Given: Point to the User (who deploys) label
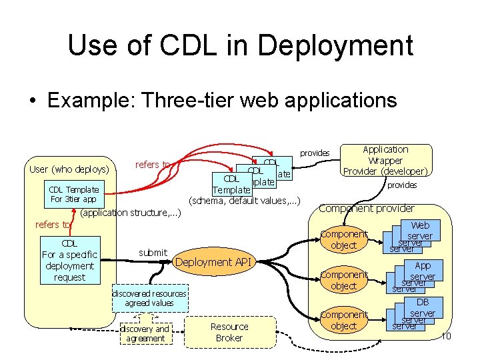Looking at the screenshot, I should pyautogui.click(x=69, y=169).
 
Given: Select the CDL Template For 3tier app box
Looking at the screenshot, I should pyautogui.click(x=73, y=194).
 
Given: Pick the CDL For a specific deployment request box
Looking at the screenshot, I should pyautogui.click(x=69, y=260).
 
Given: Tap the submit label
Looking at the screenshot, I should pyautogui.click(x=153, y=252).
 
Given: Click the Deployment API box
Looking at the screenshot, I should pyautogui.click(x=213, y=262).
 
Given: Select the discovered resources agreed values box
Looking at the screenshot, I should pyautogui.click(x=149, y=298).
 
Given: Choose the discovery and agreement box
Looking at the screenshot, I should pyautogui.click(x=145, y=333).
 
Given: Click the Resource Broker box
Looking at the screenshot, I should pyautogui.click(x=229, y=332).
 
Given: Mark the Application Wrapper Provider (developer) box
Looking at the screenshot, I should pyautogui.click(x=385, y=160).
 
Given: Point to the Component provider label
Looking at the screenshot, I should pyautogui.click(x=366, y=208).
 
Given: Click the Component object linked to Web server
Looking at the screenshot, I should pyautogui.click(x=343, y=239).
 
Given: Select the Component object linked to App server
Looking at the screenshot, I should pyautogui.click(x=343, y=280).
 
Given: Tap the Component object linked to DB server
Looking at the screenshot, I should pyautogui.click(x=343, y=320).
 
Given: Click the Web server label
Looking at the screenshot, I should pyautogui.click(x=420, y=231).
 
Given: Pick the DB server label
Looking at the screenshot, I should pyautogui.click(x=422, y=308).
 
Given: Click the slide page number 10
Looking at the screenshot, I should pyautogui.click(x=446, y=335).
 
